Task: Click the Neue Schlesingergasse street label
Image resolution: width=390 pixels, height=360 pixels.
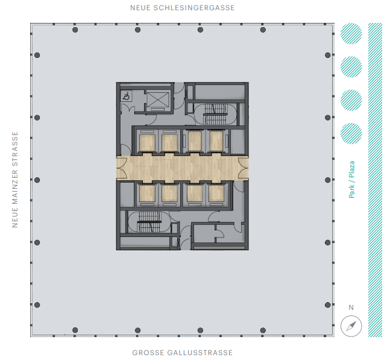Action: [182, 8]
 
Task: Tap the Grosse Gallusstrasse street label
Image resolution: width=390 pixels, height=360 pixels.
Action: [182, 353]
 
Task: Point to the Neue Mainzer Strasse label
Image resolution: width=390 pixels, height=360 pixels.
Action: [15, 179]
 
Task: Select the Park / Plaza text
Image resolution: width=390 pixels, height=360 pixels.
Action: [351, 179]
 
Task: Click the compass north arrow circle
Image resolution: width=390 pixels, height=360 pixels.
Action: [351, 326]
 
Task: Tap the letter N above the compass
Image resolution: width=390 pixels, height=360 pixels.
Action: [351, 308]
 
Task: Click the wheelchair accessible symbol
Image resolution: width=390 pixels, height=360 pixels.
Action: [127, 96]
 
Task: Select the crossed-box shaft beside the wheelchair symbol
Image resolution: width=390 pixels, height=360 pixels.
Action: [158, 99]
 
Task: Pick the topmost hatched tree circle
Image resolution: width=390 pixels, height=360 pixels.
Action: [351, 34]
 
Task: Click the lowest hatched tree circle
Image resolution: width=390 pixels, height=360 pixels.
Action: [351, 134]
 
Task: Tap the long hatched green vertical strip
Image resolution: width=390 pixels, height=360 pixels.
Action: [375, 180]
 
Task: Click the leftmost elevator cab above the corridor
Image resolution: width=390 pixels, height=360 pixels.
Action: [147, 142]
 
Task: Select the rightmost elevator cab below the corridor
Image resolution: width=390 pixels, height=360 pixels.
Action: [216, 194]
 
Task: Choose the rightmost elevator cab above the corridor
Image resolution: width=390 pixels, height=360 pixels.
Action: [216, 141]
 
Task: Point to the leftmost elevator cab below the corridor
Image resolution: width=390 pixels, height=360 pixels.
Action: [147, 194]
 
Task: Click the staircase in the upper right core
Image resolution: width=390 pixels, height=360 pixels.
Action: [215, 114]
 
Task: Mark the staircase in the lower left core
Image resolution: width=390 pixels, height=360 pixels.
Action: [149, 222]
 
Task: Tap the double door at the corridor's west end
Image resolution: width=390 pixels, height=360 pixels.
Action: [122, 168]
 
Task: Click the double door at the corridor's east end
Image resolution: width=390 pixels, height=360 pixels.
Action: [243, 168]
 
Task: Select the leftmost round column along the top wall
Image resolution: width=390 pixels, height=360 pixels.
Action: [75, 30]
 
